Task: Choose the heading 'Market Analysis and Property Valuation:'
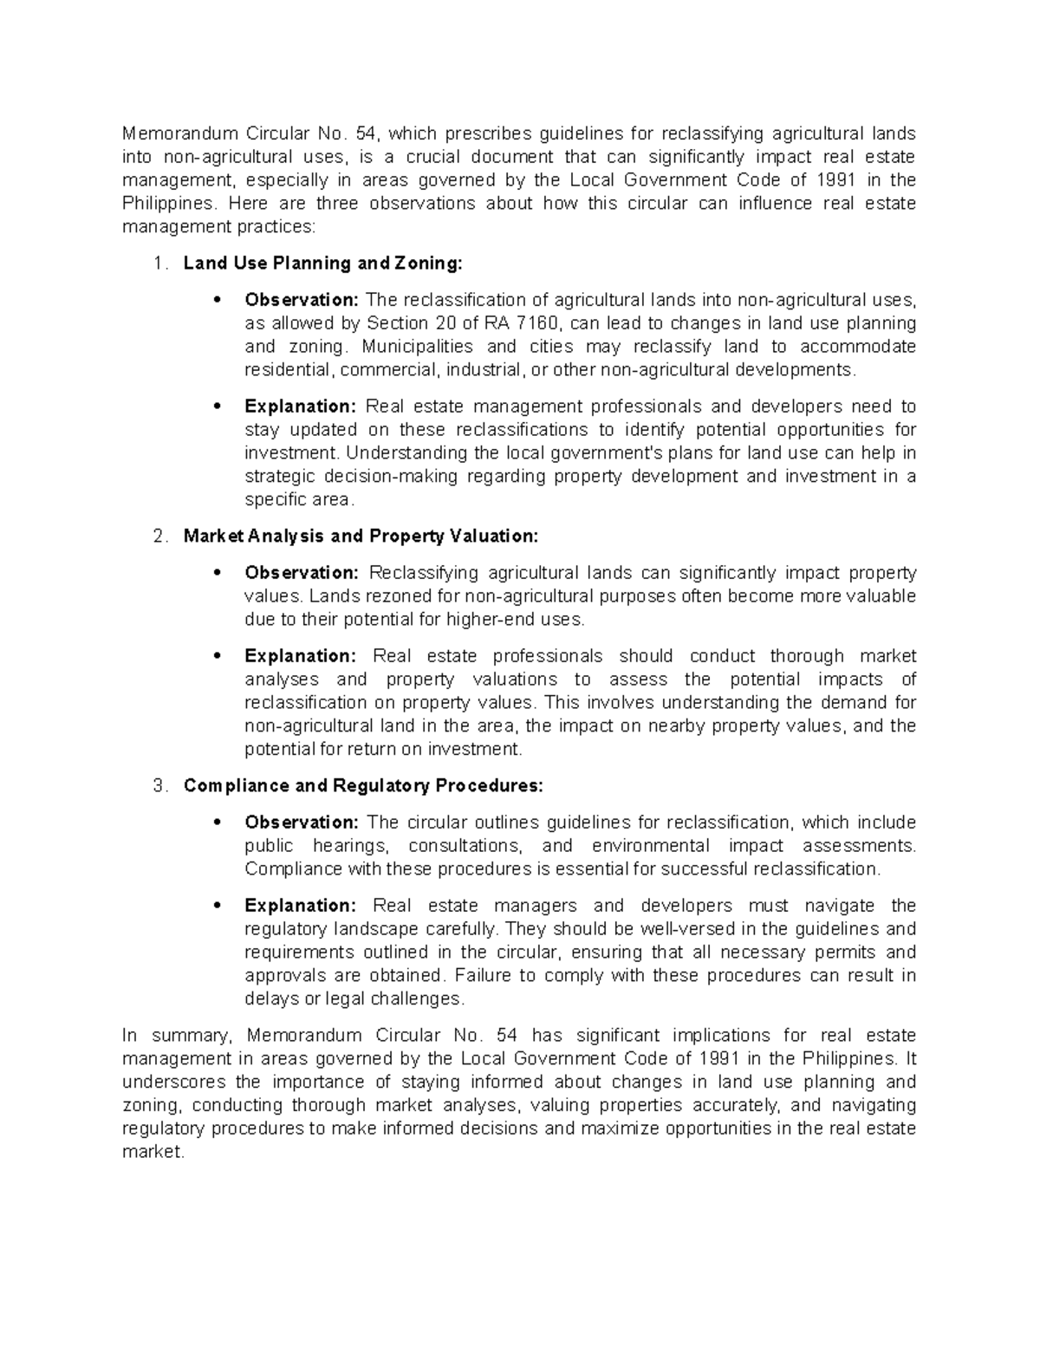click(361, 536)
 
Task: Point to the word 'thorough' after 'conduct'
click(807, 656)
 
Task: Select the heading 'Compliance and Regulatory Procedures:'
click(363, 786)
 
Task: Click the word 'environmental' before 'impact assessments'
click(650, 846)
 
